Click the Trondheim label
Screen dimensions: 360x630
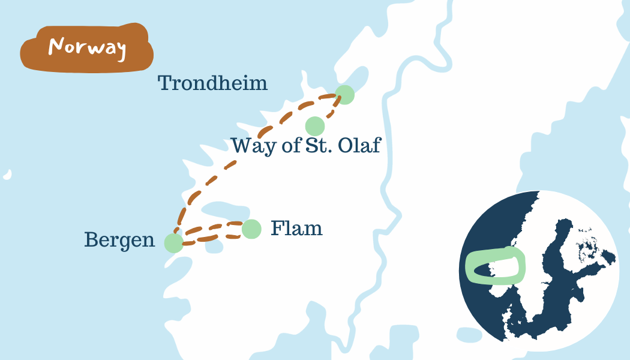(x=212, y=83)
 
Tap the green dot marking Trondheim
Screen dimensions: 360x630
(x=344, y=95)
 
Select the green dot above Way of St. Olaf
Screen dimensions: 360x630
(x=315, y=127)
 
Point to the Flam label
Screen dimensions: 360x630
(x=296, y=229)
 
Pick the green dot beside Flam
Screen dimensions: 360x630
(x=251, y=229)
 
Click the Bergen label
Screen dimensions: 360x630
(x=119, y=240)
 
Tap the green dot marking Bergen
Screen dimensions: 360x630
(x=173, y=243)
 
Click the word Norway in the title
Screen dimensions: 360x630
(x=87, y=47)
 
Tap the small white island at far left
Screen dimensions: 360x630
(x=7, y=175)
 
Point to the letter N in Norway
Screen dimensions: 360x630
(x=55, y=46)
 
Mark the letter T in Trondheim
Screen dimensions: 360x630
(x=164, y=83)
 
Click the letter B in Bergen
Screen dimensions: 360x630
(x=91, y=239)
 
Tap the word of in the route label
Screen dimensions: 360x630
(x=290, y=145)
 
